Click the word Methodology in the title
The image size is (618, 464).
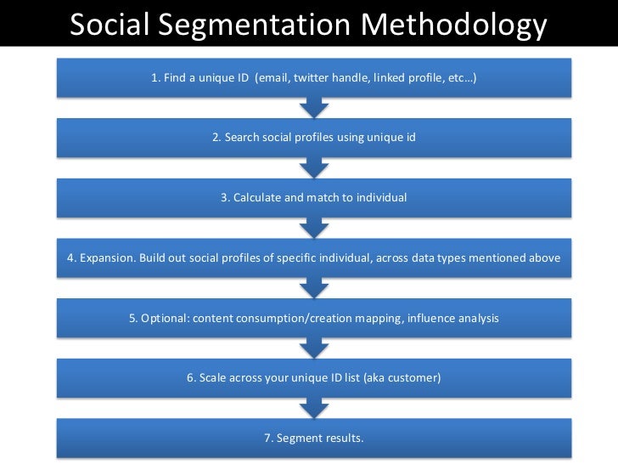pyautogui.click(x=454, y=26)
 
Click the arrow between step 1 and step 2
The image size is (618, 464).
pyautogui.click(x=314, y=107)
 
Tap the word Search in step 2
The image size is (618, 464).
pyautogui.click(x=241, y=138)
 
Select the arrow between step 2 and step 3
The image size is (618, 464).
pyautogui.click(x=314, y=167)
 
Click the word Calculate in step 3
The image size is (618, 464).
pyautogui.click(x=257, y=197)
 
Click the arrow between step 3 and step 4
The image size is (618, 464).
pyautogui.click(x=314, y=227)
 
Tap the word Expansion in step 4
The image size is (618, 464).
pyautogui.click(x=104, y=257)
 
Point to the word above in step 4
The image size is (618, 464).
pyautogui.click(x=543, y=257)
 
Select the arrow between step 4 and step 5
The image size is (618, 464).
pyautogui.click(x=314, y=287)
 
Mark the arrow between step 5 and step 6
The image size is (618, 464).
pyautogui.click(x=314, y=348)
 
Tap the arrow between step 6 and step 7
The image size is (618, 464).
pyautogui.click(x=314, y=408)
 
